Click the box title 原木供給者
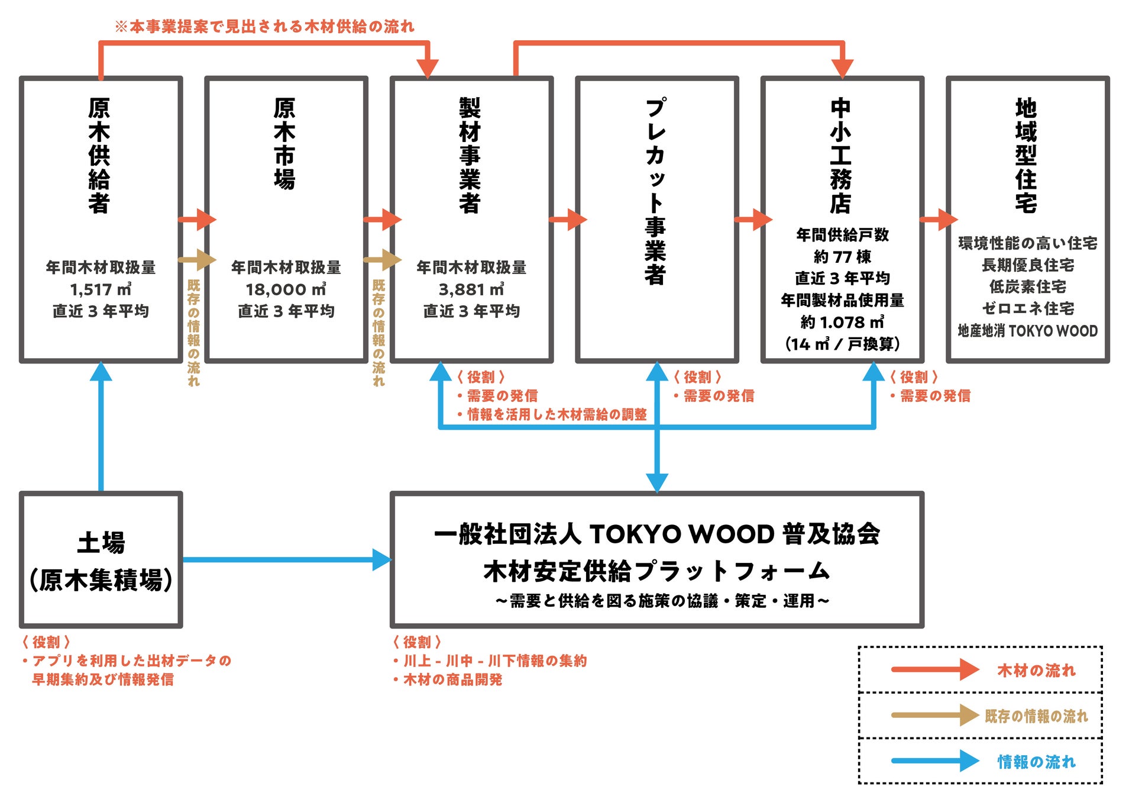point(99,155)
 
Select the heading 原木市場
point(284,144)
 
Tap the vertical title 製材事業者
point(470,155)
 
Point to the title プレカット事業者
point(655,191)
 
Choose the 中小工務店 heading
point(840,155)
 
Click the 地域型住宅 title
point(1026,155)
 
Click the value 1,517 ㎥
point(101,289)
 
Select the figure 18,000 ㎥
point(286,289)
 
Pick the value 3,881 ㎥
point(471,289)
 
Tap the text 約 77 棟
point(842,257)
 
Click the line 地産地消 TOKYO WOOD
point(1027,331)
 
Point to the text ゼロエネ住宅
point(1027,308)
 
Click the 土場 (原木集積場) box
point(101,560)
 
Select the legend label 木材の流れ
point(1036,671)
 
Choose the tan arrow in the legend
point(934,715)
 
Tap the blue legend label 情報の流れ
point(1036,762)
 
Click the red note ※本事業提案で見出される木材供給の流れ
point(264,27)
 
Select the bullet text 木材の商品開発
point(452,680)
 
